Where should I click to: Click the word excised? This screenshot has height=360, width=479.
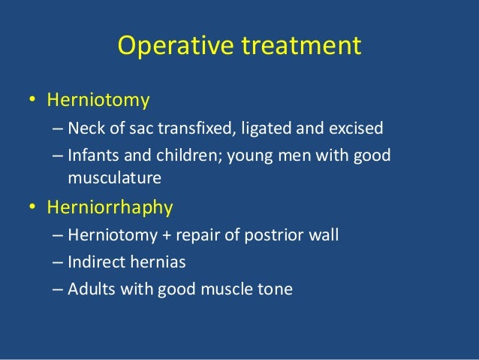[357, 127]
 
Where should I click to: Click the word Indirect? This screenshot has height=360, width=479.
[94, 262]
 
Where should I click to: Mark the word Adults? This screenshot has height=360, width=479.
[88, 289]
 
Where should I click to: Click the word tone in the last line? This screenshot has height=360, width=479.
[275, 289]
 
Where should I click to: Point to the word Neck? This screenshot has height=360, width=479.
[83, 127]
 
